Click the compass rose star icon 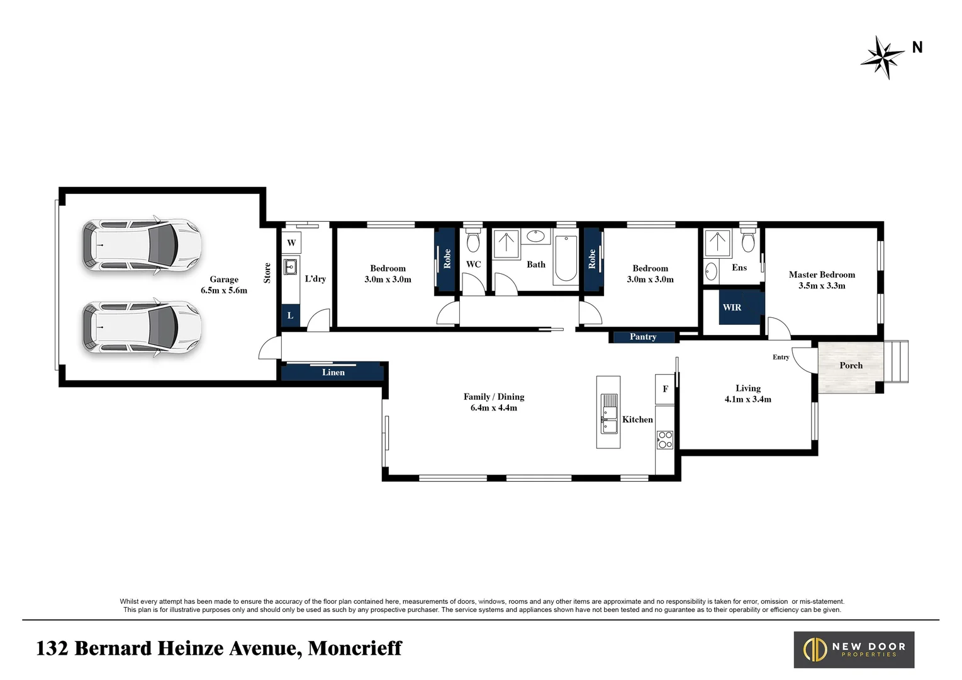(883, 57)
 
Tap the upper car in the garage (142, 245)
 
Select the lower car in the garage (142, 327)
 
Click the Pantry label (643, 337)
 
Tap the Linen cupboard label (333, 372)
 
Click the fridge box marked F (665, 389)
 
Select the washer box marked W (291, 243)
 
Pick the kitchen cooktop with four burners (665, 439)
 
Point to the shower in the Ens (717, 244)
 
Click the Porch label (851, 365)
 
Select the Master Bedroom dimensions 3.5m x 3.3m (822, 285)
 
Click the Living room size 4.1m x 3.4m (747, 399)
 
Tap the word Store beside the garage (267, 273)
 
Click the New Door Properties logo (854, 650)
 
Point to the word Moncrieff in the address (355, 648)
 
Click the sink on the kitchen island (608, 414)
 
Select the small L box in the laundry (290, 315)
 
